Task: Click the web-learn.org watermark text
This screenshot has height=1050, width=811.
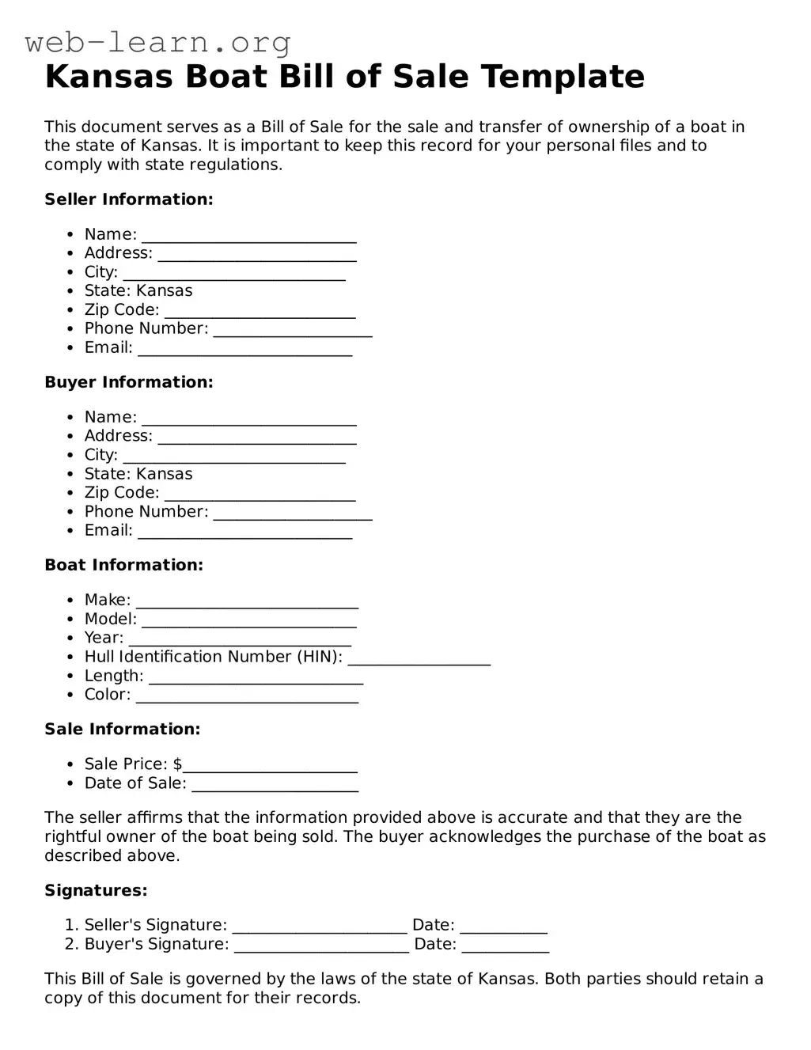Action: click(157, 42)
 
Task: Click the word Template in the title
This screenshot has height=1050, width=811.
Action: click(563, 77)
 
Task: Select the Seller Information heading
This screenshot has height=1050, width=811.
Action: click(129, 199)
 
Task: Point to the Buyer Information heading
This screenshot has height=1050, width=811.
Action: click(129, 382)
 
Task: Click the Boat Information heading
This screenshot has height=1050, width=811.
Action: click(123, 565)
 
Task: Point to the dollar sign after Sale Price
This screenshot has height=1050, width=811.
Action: click(178, 764)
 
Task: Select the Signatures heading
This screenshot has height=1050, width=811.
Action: click(96, 890)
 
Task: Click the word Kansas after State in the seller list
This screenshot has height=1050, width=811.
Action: click(165, 291)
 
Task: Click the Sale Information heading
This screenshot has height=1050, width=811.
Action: click(123, 729)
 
